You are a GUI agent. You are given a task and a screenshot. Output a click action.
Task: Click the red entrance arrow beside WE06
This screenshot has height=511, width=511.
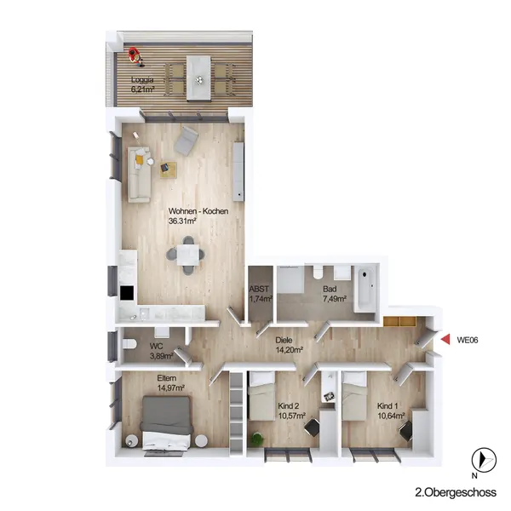tap(446, 339)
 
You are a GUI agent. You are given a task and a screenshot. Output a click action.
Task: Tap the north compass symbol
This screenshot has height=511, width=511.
tap(484, 460)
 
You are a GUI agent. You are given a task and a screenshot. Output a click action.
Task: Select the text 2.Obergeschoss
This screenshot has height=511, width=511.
tap(456, 492)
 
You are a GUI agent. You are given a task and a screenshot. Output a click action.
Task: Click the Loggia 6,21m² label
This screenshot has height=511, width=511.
tap(142, 84)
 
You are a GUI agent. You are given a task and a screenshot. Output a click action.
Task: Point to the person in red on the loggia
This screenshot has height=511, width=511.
tap(135, 57)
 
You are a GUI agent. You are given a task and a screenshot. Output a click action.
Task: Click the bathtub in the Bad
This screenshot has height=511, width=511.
tap(365, 288)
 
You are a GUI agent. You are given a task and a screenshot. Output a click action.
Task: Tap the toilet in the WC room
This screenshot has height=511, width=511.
tap(129, 344)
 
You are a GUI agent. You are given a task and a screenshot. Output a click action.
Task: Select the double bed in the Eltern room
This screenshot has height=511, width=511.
tap(167, 422)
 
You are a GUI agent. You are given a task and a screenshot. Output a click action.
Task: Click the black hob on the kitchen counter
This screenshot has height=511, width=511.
tap(127, 293)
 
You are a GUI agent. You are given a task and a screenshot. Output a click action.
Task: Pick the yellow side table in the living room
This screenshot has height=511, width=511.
tap(168, 169)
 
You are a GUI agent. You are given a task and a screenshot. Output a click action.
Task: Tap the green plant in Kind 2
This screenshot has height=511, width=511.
tap(257, 439)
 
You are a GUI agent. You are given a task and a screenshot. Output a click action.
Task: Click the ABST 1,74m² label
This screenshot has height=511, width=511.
tap(261, 294)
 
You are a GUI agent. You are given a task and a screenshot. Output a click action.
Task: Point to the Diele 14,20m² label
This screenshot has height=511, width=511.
tap(289, 345)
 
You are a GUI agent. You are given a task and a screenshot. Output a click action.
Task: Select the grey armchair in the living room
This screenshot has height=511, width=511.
tap(186, 141)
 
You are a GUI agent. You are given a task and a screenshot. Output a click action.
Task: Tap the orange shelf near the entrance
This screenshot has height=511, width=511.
tap(400, 321)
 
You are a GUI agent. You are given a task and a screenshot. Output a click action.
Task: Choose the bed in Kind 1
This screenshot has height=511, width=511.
tap(354, 396)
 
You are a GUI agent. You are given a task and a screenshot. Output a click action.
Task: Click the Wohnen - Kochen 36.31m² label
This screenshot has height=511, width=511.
tap(198, 215)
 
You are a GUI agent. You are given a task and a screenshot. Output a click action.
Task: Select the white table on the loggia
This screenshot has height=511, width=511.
tap(198, 78)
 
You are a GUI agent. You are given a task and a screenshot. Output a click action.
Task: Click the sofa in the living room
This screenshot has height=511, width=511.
tap(139, 175)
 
